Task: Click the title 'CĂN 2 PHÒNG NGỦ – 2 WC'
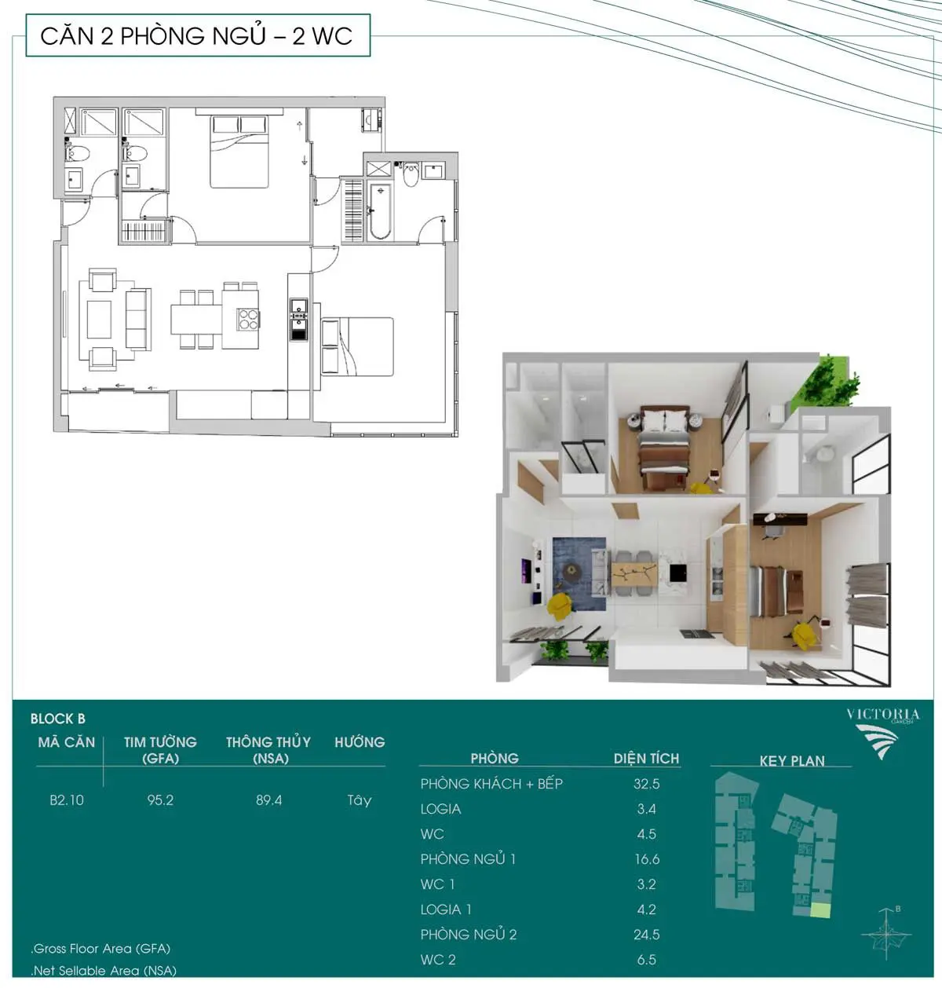click(x=196, y=36)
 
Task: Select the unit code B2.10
click(x=67, y=800)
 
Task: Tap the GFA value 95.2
click(x=160, y=800)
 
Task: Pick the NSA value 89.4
click(x=268, y=800)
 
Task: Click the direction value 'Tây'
click(x=360, y=800)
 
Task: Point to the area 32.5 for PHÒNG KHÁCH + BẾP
click(x=647, y=784)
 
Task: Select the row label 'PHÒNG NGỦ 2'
click(x=468, y=934)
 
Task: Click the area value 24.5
click(x=647, y=935)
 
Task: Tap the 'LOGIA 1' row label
click(x=446, y=909)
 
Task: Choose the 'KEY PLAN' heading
click(x=792, y=760)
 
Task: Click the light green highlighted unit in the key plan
click(x=820, y=910)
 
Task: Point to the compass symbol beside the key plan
click(x=885, y=934)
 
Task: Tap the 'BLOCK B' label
click(x=58, y=719)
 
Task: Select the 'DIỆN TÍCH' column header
click(x=646, y=758)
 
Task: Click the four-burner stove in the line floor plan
click(x=248, y=320)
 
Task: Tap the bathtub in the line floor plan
click(x=380, y=211)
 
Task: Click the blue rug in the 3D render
click(x=579, y=574)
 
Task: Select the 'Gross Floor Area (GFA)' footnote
click(x=100, y=948)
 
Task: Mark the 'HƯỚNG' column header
click(x=360, y=741)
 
